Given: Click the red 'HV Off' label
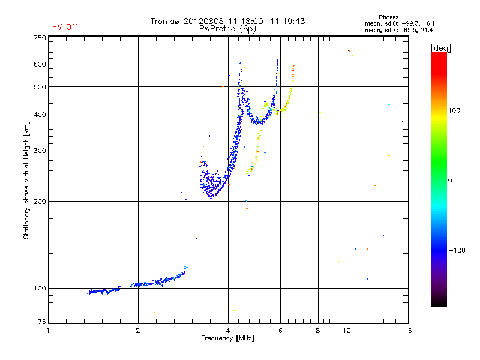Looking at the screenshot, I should coord(65,27).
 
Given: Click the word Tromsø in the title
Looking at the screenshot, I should coord(165,21).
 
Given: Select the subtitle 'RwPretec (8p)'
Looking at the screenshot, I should coord(227,28).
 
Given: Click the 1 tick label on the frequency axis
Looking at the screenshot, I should coord(48,331).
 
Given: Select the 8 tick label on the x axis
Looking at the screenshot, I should coord(318,331).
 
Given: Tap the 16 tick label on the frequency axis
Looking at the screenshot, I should coord(408,331).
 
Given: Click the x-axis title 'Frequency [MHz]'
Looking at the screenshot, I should coord(228,339).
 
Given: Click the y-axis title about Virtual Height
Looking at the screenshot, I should coord(26,180).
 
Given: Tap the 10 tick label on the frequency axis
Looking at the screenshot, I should coord(346,331).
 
